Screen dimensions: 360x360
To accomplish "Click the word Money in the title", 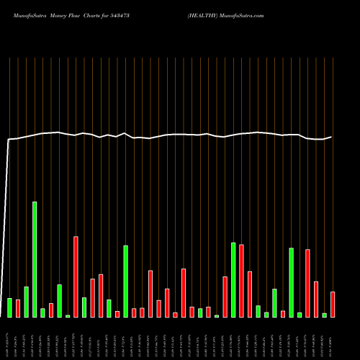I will coord(60,14).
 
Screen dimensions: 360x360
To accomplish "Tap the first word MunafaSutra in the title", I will coord(26,14).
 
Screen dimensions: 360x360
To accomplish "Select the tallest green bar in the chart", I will coord(35,259).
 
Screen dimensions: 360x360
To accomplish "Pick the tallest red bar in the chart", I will coord(76,276).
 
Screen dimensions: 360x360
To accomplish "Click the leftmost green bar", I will coord(10,307).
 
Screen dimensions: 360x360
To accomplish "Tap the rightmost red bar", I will coord(333,305).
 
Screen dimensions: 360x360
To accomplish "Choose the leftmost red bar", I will coord(18,308).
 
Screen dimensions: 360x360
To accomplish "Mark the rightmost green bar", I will coord(325,315).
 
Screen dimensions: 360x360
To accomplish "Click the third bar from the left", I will coord(27,302).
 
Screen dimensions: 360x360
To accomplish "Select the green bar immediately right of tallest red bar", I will coord(84,307).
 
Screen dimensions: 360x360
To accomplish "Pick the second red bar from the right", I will coord(316,299).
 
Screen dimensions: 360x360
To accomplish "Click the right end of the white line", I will coord(332,137).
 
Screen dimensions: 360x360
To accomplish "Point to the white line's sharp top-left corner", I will coord(9,140).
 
